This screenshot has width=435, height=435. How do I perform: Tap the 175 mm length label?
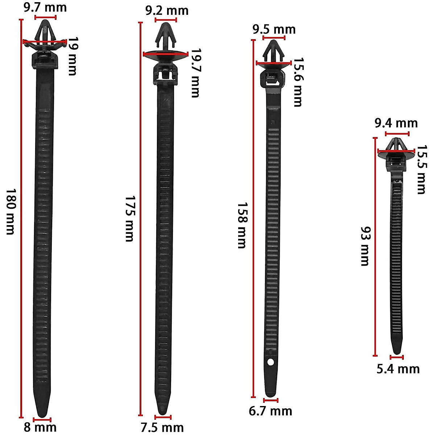pos(130,219)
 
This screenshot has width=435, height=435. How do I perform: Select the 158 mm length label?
pos(242,225)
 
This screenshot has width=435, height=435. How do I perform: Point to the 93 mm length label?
pos(365,246)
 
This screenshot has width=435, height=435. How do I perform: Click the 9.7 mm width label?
pos(45,8)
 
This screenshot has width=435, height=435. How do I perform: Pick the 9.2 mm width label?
pos(167,11)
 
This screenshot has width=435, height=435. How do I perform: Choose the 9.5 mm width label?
pos(274,29)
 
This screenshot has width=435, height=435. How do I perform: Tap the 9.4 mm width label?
pos(396,123)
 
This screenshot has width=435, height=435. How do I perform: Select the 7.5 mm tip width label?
pos(162,427)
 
